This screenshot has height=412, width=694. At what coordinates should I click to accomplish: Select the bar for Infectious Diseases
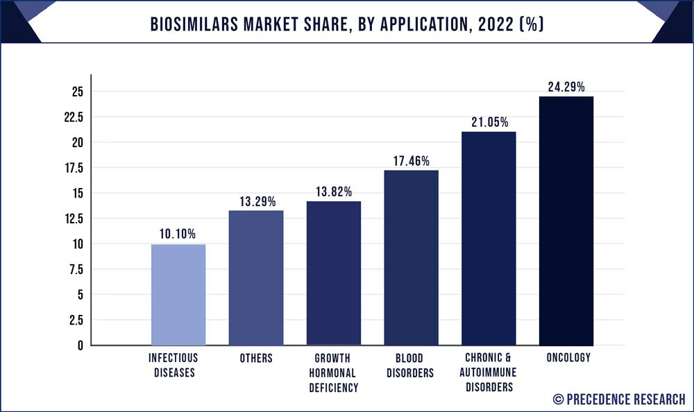pos(178,294)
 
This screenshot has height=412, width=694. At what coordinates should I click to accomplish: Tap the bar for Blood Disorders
pos(411,257)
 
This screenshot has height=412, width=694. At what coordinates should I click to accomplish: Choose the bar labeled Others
pos(256,277)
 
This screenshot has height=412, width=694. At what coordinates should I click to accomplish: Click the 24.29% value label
pos(566,87)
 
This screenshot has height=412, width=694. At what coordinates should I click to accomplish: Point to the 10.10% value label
pos(178,234)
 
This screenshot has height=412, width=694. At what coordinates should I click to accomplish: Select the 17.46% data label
pos(411,161)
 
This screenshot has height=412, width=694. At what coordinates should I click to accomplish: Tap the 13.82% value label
pos(334,192)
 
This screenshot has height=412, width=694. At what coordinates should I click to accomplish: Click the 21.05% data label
pos(489,123)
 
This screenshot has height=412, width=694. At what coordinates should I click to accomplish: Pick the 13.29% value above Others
pos(256,201)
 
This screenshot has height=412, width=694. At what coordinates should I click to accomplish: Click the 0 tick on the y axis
pos(80,345)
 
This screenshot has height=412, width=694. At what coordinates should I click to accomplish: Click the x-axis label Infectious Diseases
pos(173,366)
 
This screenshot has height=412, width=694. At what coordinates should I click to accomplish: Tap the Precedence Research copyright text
pos(618,399)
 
